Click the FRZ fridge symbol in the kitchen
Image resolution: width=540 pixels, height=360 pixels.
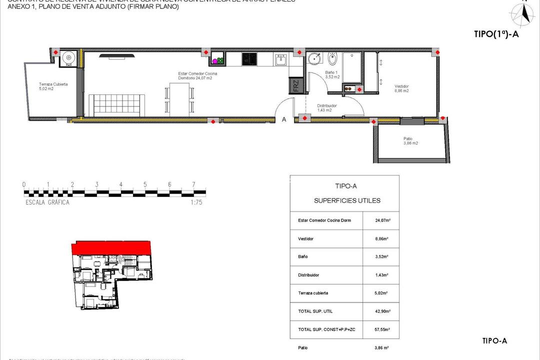(295, 85)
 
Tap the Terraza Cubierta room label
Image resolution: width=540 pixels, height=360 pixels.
(53, 86)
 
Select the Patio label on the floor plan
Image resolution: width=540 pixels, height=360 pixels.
(410, 141)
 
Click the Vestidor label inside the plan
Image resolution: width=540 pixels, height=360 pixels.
(401, 88)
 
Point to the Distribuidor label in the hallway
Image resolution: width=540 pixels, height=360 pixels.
(327, 108)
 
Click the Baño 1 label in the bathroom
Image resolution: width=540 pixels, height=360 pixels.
(332, 75)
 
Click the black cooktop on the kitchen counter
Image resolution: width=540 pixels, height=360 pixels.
(248, 59)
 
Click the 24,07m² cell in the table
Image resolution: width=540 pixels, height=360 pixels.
(382, 220)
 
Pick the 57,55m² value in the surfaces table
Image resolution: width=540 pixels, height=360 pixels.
(382, 329)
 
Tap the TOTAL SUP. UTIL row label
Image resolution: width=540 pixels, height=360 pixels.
(315, 311)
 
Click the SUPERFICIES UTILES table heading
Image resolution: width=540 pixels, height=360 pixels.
(347, 200)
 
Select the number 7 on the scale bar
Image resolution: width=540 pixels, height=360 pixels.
(193, 184)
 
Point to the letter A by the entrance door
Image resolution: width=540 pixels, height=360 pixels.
(284, 119)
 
